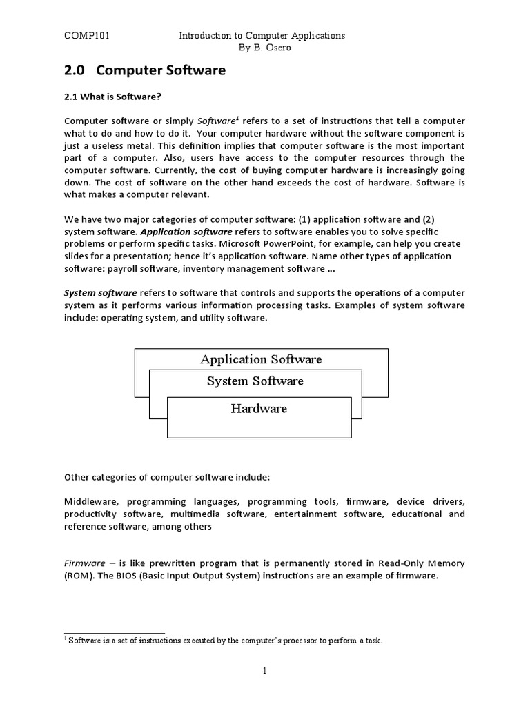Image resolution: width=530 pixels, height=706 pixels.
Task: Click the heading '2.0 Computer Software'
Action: [144, 70]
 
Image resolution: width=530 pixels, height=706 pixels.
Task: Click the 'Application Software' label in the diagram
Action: [261, 359]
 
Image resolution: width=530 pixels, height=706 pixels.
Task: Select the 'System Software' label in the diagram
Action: [255, 381]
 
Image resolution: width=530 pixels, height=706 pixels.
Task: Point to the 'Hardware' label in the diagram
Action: [259, 409]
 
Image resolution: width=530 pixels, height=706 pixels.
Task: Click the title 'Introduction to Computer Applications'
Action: [262, 35]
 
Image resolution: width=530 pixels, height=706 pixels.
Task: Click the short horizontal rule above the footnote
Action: [115, 632]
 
